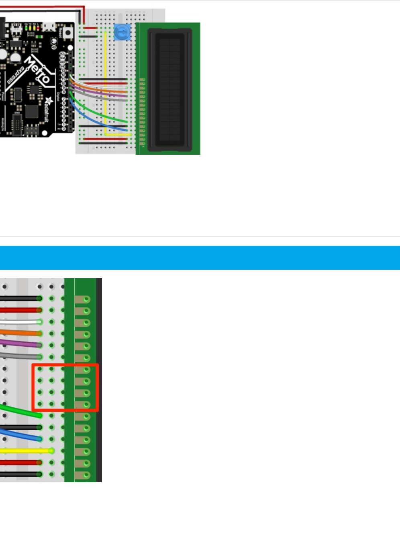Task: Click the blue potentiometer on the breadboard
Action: (122, 32)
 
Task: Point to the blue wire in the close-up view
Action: (20, 435)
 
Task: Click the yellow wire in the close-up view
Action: (24, 451)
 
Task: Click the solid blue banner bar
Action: (200, 258)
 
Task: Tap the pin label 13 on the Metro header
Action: (63, 71)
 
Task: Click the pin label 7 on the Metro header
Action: (63, 99)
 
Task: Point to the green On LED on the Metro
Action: (26, 28)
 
